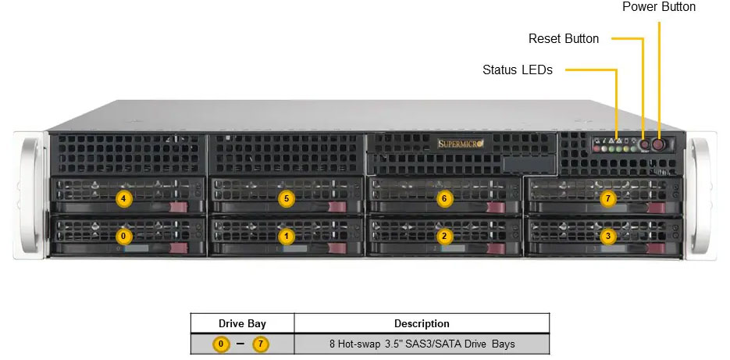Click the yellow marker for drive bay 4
pyautogui.click(x=123, y=198)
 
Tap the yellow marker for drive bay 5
pyautogui.click(x=287, y=198)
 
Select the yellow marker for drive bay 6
pyautogui.click(x=444, y=198)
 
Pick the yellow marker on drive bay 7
pyautogui.click(x=608, y=198)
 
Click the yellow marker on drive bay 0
pyautogui.click(x=123, y=235)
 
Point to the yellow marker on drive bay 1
pyautogui.click(x=287, y=235)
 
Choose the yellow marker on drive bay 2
pyautogui.click(x=444, y=235)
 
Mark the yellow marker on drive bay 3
pyautogui.click(x=608, y=235)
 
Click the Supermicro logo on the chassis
pyautogui.click(x=461, y=143)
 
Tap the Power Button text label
pyautogui.click(x=659, y=7)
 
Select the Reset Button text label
pyautogui.click(x=564, y=38)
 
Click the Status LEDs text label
pyautogui.click(x=518, y=70)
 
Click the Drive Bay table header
pyautogui.click(x=242, y=323)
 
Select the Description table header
pyautogui.click(x=422, y=323)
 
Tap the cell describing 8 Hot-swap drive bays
pyautogui.click(x=422, y=344)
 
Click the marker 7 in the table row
pyautogui.click(x=260, y=344)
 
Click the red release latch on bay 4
pyautogui.click(x=179, y=208)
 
